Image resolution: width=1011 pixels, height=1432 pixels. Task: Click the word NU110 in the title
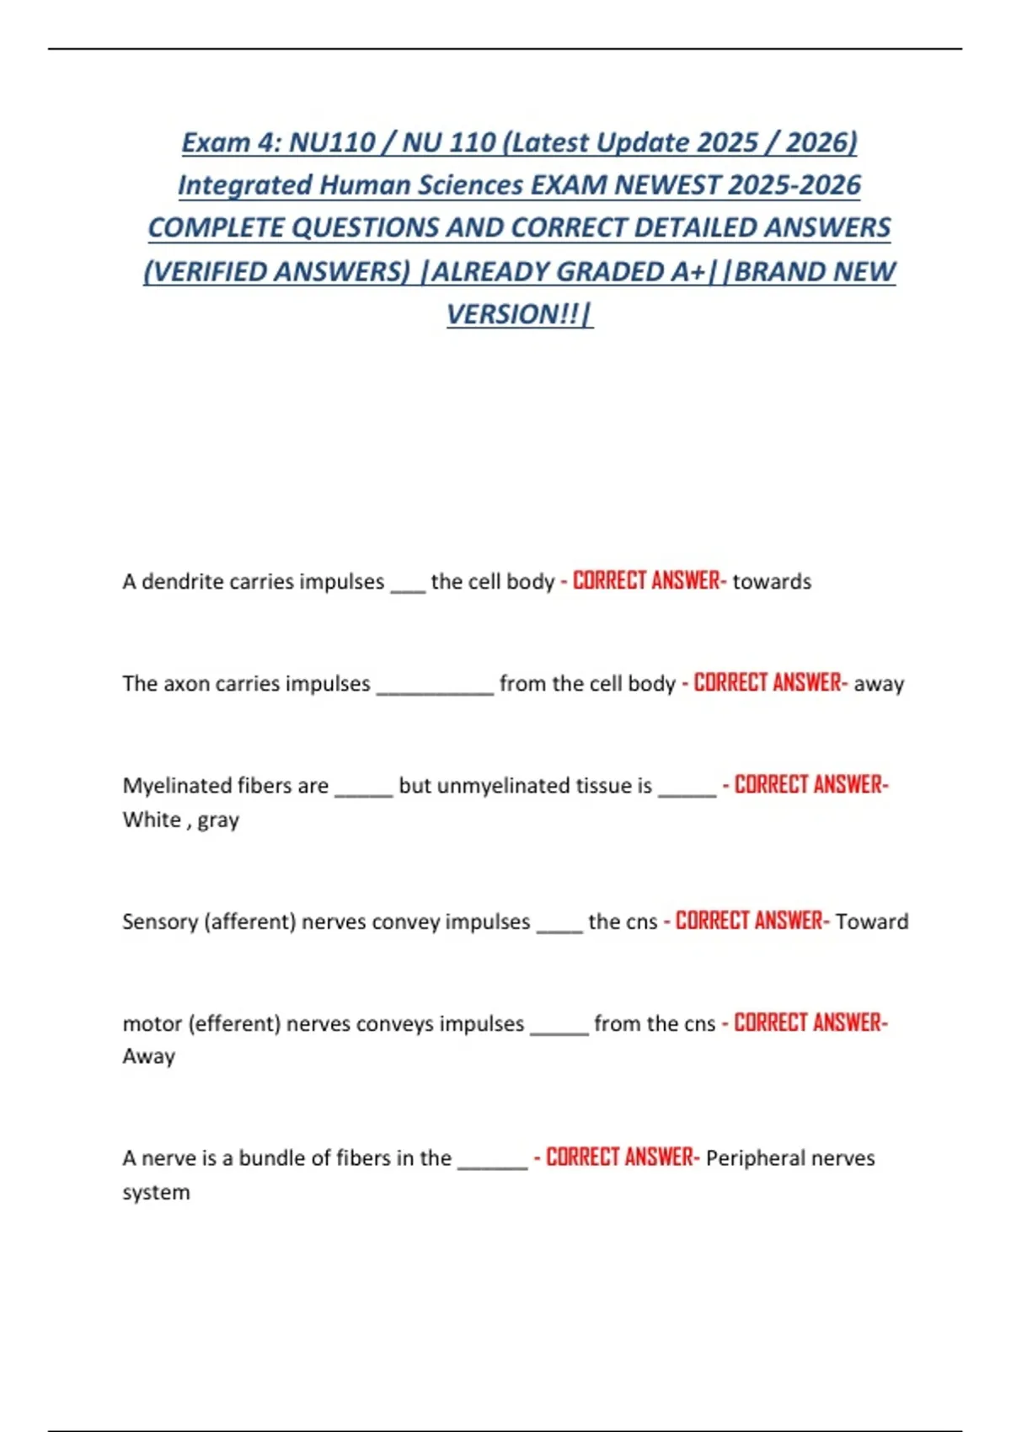tap(332, 142)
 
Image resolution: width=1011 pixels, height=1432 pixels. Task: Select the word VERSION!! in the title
tap(513, 314)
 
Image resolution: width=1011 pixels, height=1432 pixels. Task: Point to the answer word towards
tap(772, 581)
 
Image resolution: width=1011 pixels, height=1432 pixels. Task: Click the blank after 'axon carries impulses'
tap(435, 686)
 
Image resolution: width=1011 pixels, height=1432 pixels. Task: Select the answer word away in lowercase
tap(878, 683)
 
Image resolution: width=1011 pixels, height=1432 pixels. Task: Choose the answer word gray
tap(218, 820)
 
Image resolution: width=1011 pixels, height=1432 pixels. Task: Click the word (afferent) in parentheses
tap(250, 922)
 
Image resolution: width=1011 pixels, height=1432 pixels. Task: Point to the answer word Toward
tap(872, 922)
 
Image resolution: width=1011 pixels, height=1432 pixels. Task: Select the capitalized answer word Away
tap(149, 1056)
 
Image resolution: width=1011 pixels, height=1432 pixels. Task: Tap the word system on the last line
tap(156, 1193)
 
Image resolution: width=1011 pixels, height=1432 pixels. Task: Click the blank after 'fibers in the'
tap(492, 1161)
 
